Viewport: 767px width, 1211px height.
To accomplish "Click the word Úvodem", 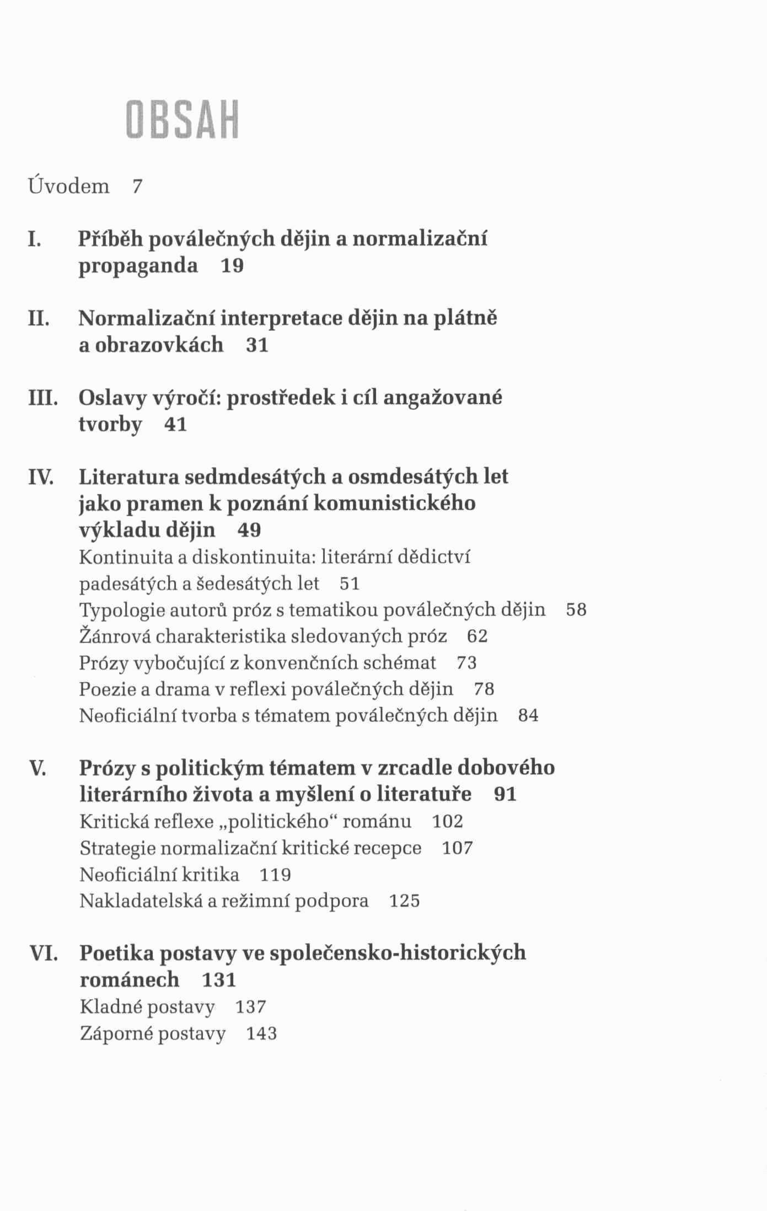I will (69, 186).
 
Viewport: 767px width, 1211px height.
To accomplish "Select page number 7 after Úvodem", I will (137, 187).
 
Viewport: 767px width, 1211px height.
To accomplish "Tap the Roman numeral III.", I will (43, 398).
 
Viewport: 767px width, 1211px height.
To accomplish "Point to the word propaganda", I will (138, 266).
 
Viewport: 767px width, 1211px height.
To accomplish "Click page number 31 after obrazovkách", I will (257, 345).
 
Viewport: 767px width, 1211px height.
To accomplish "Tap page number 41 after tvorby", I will (176, 425).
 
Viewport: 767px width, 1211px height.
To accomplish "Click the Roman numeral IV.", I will (40, 477).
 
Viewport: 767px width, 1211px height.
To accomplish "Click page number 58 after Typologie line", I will (576, 610).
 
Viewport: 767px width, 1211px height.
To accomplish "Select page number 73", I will (466, 663).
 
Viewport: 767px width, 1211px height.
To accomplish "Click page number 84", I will (528, 716).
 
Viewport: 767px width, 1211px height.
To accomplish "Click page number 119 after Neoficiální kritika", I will (275, 875).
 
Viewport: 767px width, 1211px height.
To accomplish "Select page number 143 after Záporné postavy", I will (261, 1033).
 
